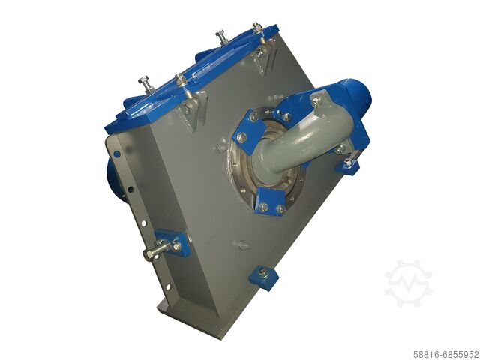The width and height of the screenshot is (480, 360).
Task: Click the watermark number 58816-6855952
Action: pos(445,353)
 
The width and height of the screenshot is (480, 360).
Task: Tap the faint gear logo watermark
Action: pos(408,283)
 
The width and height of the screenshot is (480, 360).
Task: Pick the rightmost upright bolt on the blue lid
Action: pos(258,29)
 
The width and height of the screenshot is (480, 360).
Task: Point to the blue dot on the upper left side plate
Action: pos(116,154)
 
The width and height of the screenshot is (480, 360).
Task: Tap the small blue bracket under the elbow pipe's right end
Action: pos(346,166)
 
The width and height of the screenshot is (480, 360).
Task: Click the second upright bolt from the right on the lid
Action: pos(222,37)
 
